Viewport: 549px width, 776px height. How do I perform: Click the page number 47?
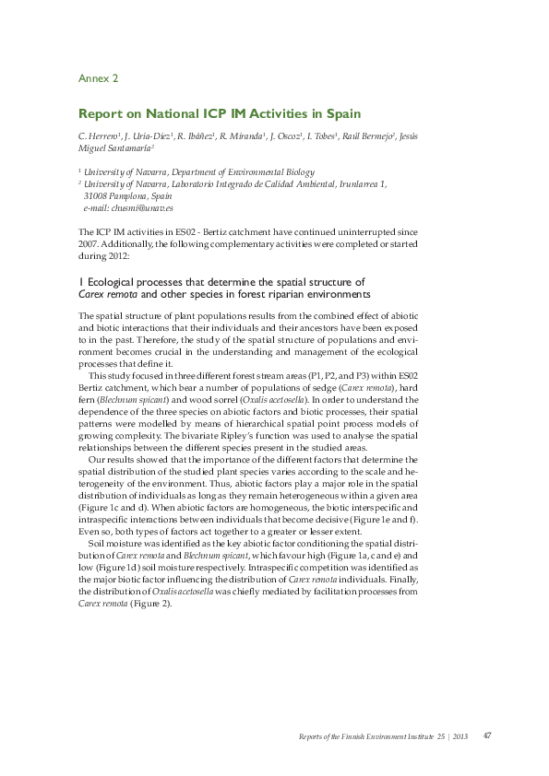[x=487, y=735]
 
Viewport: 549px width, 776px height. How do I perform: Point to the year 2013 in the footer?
[x=460, y=735]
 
